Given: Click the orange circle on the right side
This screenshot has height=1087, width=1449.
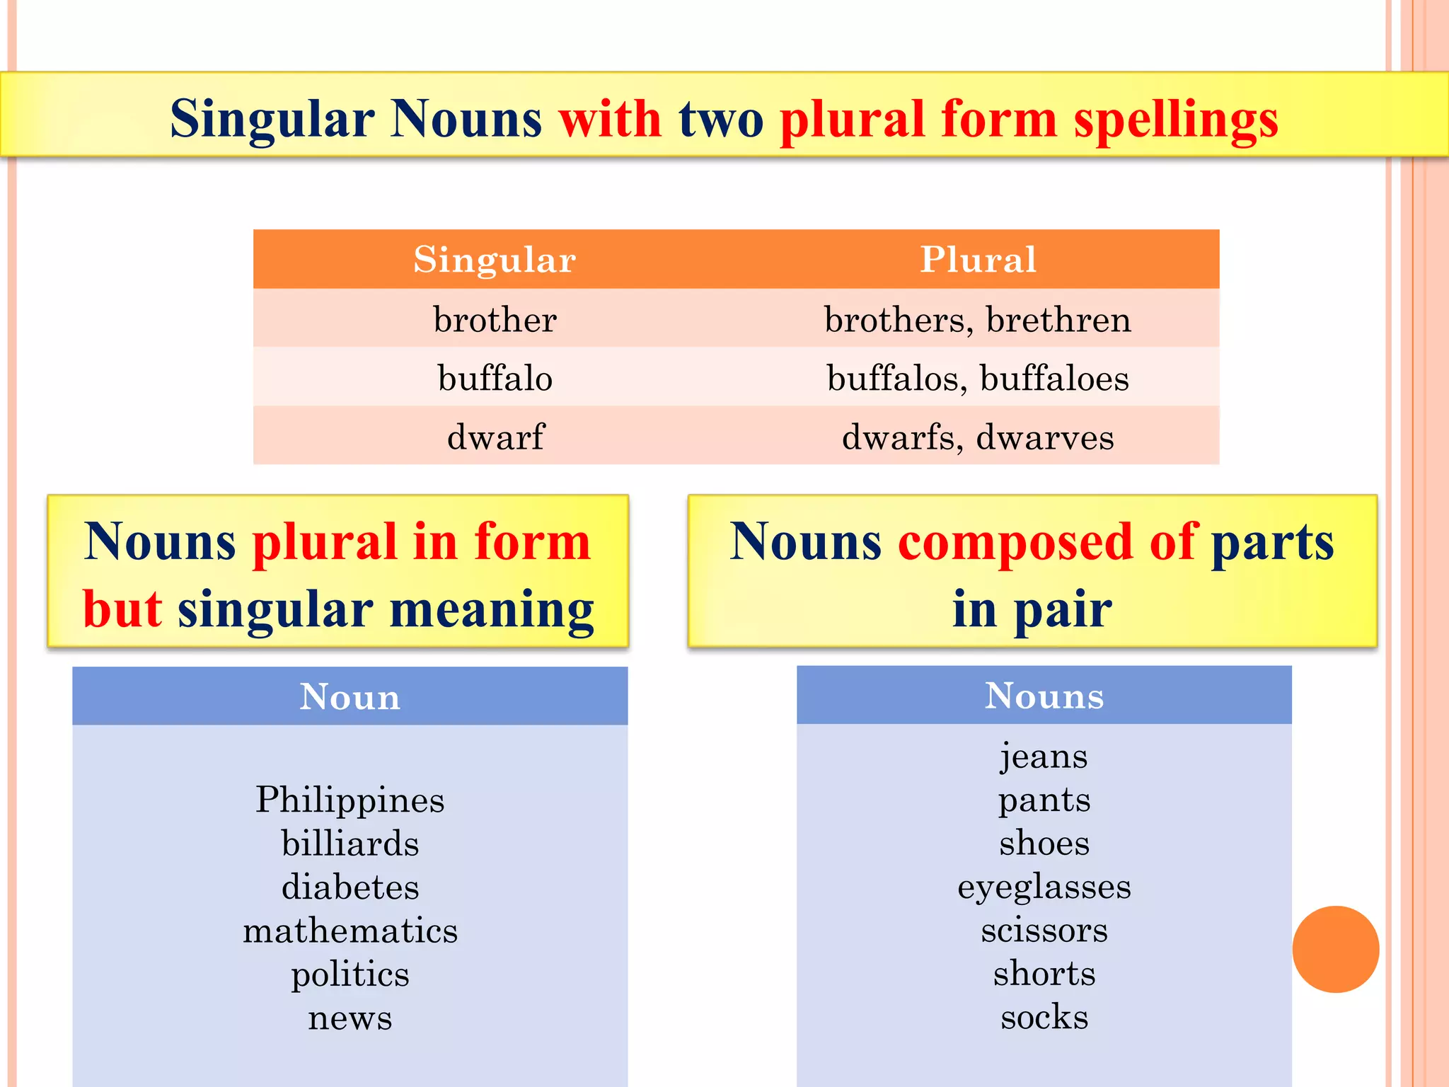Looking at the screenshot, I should pos(1335,949).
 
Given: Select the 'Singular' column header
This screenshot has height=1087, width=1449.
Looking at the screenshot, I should pos(495,259).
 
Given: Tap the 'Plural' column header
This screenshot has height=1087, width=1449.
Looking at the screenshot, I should pos(978,259).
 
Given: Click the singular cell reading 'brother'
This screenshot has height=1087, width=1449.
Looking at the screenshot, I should pos(495,319).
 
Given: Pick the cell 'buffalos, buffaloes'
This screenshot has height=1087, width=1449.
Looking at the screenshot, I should pos(978,378).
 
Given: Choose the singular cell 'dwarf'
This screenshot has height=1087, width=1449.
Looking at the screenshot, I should pos(495,437).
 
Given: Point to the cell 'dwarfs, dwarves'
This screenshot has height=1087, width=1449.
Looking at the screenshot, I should pos(978,437).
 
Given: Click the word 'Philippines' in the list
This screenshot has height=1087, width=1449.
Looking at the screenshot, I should pos(350,800).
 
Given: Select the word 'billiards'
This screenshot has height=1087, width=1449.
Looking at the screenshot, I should pos(350,844).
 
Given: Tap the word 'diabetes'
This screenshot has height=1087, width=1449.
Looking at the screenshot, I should pos(350,887).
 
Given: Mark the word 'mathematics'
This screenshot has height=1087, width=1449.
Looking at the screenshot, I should pos(350,931).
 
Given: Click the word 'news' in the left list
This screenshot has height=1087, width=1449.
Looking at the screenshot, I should pos(350,1018).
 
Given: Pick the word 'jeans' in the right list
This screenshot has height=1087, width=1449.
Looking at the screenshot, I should pos(1044,757).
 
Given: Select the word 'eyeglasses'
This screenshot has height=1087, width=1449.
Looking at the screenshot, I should pos(1044,887).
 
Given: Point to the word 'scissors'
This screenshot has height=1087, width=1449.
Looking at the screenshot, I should pos(1044,931).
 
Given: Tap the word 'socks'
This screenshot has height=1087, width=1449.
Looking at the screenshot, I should pos(1044,1018).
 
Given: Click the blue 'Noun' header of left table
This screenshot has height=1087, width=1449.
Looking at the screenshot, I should pos(350,696).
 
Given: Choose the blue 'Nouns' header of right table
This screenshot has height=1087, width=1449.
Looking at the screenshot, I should pos(1044,696).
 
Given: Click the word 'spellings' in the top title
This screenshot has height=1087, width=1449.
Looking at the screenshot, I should pos(1176,119).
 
